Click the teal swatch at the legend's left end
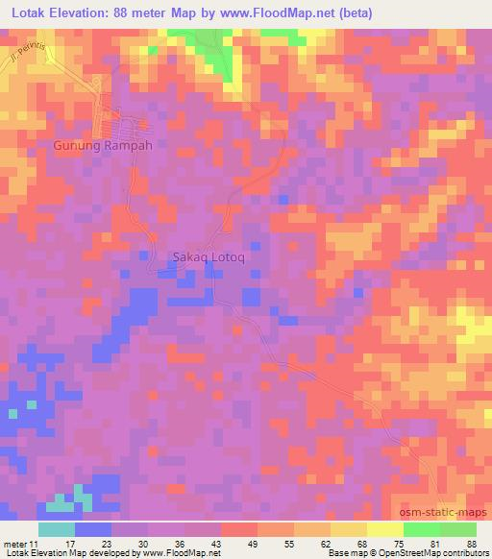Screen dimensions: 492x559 57,529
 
